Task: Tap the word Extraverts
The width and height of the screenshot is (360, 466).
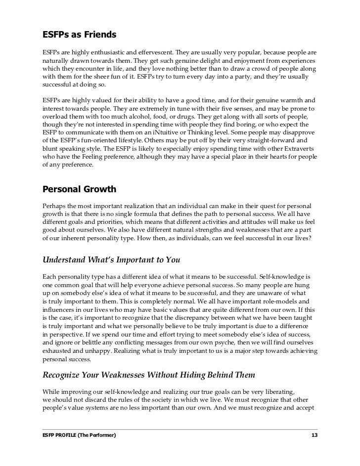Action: pyautogui.click(x=299, y=152)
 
